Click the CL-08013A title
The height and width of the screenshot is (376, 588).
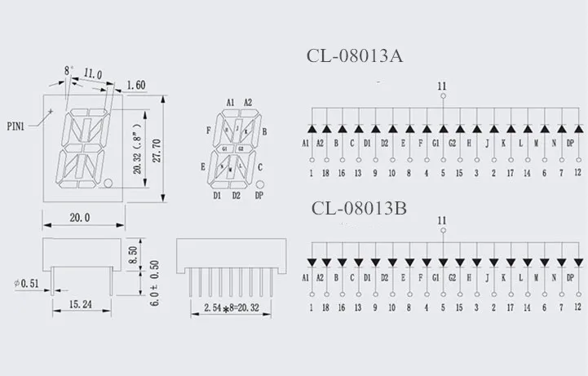(355, 56)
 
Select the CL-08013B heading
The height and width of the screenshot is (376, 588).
(360, 207)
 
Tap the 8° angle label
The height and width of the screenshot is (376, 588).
(69, 72)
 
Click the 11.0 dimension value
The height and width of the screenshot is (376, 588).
(92, 74)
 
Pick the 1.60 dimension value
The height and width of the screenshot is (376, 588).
(137, 83)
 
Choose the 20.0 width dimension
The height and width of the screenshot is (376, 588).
(80, 218)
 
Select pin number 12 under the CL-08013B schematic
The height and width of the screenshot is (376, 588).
(577, 307)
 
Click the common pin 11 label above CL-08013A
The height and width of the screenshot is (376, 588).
(443, 85)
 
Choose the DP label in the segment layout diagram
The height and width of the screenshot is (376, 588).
(259, 196)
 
